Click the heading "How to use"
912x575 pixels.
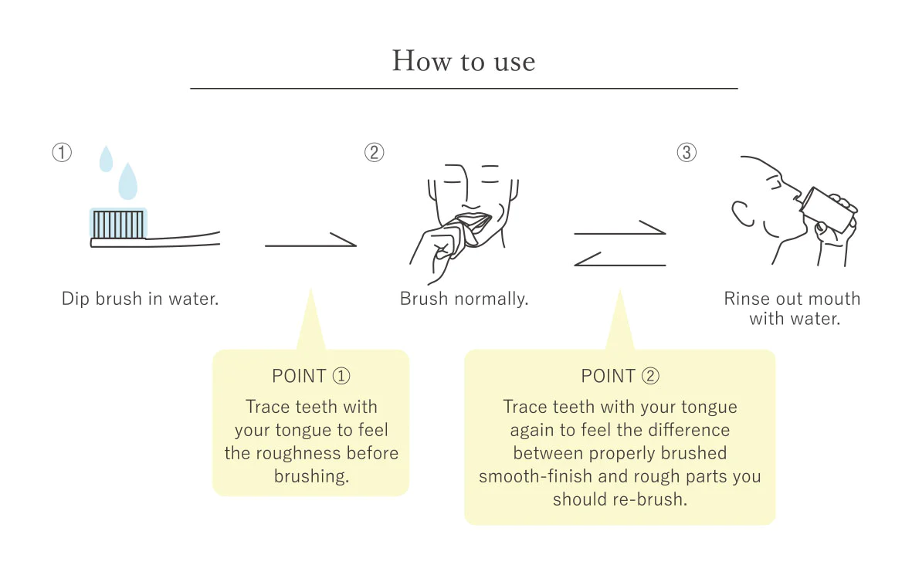point(463,61)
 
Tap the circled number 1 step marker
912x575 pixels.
point(62,152)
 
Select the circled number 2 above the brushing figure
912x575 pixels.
point(374,152)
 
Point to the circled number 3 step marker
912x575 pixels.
point(687,152)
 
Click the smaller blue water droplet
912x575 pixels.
point(106,159)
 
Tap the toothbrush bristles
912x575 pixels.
point(118,225)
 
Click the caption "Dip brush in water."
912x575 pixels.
point(141,299)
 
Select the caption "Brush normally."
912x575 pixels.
point(464,299)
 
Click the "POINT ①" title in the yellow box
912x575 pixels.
point(311,376)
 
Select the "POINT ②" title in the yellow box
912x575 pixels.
point(620,376)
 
